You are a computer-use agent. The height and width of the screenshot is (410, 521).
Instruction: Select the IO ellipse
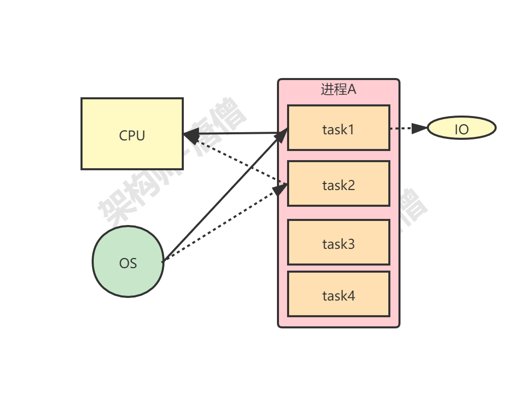click(x=461, y=128)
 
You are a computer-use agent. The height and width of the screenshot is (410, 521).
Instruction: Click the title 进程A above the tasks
click(x=338, y=90)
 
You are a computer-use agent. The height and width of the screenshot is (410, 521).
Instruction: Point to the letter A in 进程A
click(x=352, y=90)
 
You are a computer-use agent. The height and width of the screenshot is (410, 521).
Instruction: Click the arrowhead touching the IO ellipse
click(x=419, y=129)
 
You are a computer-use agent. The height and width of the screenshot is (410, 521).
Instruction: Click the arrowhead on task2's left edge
click(x=281, y=189)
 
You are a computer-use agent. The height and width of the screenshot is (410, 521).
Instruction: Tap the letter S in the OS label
click(x=133, y=264)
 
